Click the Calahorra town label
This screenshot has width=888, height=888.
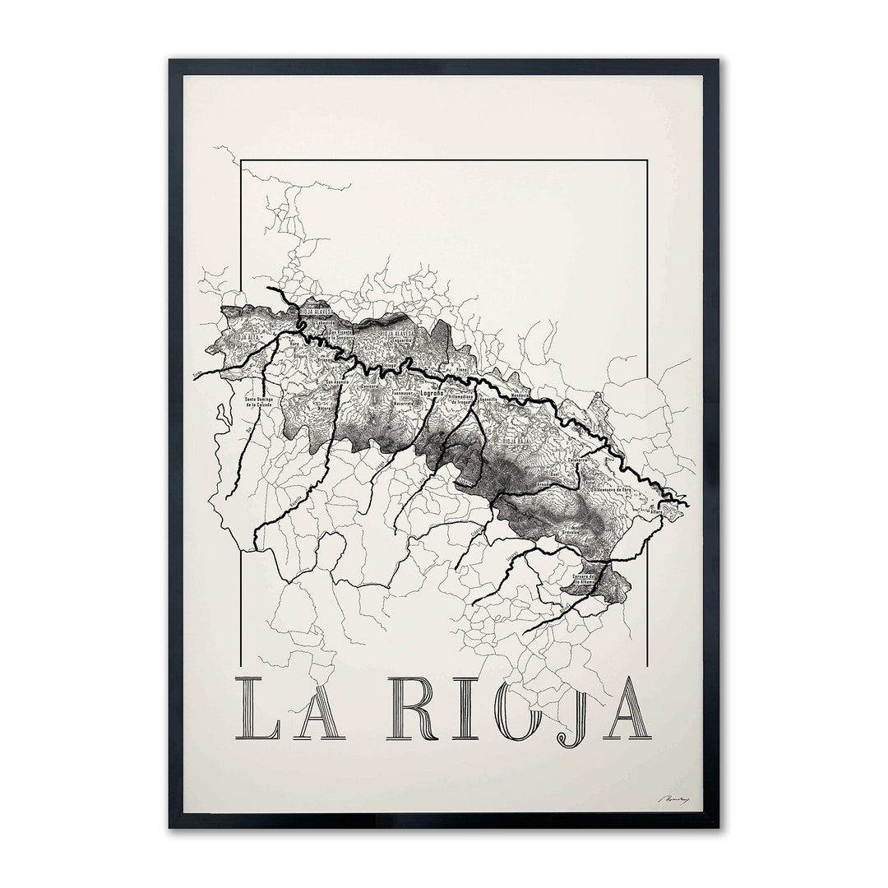[590, 460]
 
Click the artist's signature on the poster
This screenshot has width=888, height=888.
[670, 797]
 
